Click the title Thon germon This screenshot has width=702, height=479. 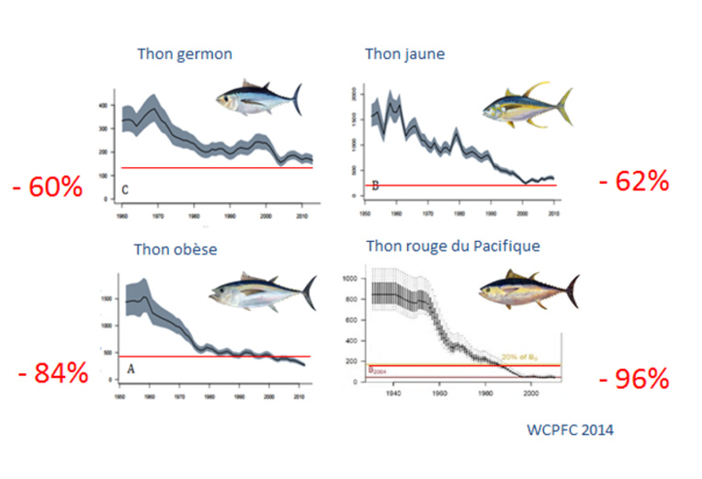coord(184,54)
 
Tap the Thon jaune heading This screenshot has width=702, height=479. coord(404,54)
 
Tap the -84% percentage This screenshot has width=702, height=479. coord(52,373)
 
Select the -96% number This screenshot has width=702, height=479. coord(632,380)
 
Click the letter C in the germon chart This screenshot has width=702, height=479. coord(124,192)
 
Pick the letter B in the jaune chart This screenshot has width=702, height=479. coord(374,185)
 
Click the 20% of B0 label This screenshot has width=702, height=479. coord(521,357)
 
